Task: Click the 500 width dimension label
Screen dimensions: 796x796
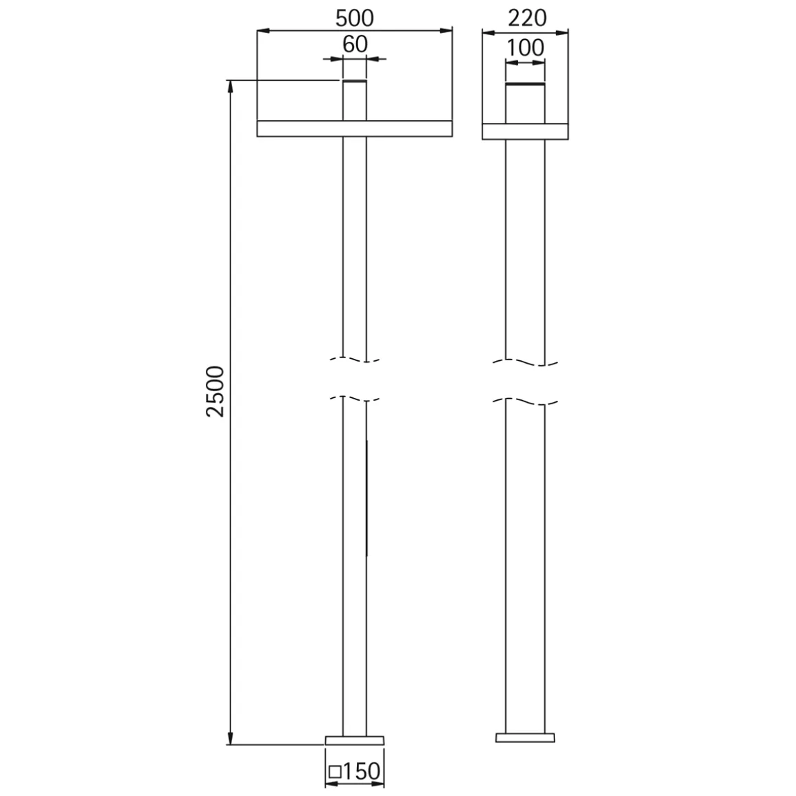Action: (354, 19)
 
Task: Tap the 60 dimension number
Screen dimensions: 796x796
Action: (355, 45)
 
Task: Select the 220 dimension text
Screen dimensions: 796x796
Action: (528, 19)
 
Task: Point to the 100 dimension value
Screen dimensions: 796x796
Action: (526, 48)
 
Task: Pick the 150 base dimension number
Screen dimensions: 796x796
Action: (362, 771)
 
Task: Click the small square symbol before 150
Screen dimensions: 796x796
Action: (335, 772)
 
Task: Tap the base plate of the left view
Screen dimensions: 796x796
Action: (354, 740)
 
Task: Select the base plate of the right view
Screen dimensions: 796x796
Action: (525, 738)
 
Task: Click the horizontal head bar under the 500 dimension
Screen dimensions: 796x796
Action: (354, 128)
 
